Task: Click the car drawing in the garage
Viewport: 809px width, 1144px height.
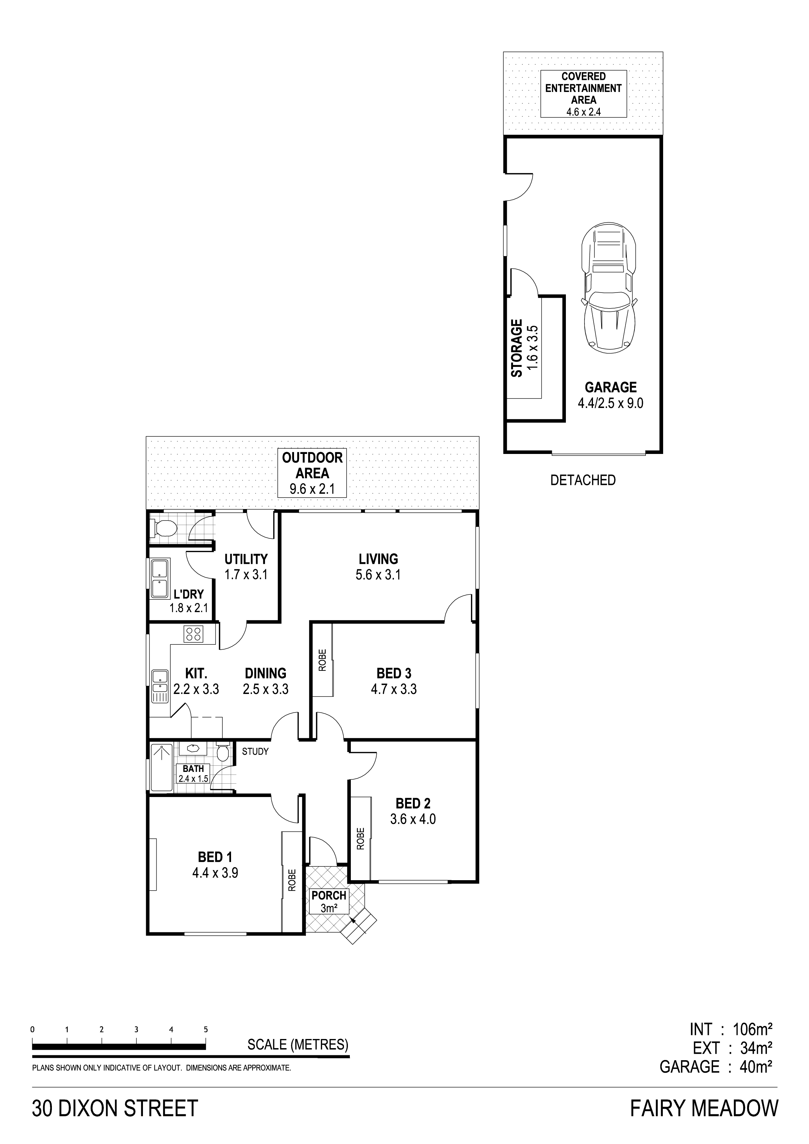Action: click(x=609, y=285)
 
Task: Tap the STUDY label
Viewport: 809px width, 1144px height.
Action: click(x=255, y=751)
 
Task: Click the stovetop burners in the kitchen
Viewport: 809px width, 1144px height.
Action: click(x=194, y=634)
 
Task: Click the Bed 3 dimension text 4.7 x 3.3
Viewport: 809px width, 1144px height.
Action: click(x=394, y=689)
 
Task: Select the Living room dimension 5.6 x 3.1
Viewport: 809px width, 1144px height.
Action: click(x=378, y=575)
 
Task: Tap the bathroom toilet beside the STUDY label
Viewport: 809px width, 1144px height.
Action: click(x=223, y=752)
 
